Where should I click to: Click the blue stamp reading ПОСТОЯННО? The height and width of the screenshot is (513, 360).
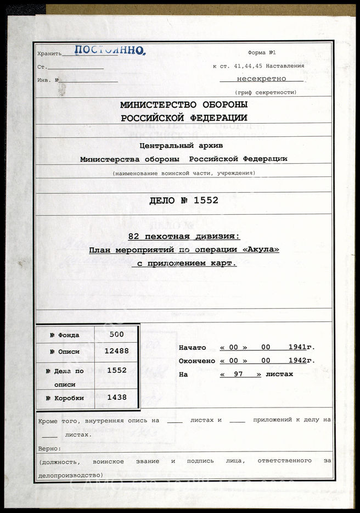tap(109, 51)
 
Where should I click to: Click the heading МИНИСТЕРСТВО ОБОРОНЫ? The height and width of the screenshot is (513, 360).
tap(184, 104)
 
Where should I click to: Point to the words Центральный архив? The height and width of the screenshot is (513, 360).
tap(183, 146)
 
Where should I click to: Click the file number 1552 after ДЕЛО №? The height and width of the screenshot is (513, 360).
tap(206, 200)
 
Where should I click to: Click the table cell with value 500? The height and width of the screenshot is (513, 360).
tap(116, 334)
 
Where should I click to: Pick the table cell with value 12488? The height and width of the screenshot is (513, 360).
tap(116, 352)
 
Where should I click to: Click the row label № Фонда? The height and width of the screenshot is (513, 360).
tap(64, 335)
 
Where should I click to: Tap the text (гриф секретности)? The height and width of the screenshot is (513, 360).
tap(266, 92)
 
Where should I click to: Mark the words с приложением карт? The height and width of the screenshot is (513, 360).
tap(184, 263)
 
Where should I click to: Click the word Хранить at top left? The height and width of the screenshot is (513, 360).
tap(49, 54)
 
